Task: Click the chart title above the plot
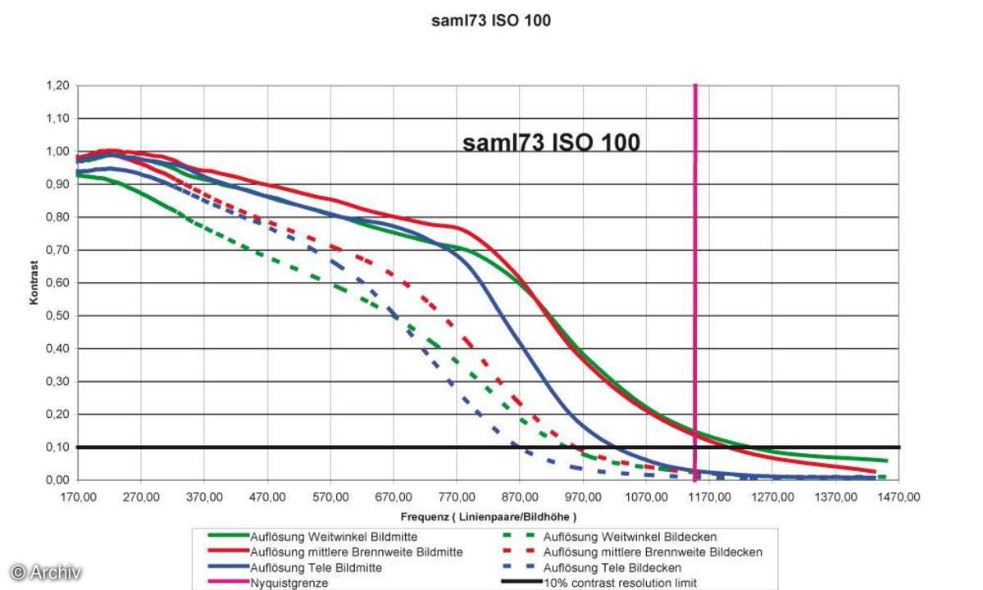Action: (491, 21)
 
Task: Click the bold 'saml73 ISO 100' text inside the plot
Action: (551, 143)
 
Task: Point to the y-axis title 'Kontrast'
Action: (34, 283)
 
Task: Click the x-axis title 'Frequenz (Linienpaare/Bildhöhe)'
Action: (489, 517)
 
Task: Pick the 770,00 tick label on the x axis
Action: (457, 496)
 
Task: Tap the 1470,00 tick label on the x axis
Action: (899, 496)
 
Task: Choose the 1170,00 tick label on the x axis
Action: (710, 496)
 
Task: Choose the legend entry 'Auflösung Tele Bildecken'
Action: (612, 567)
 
